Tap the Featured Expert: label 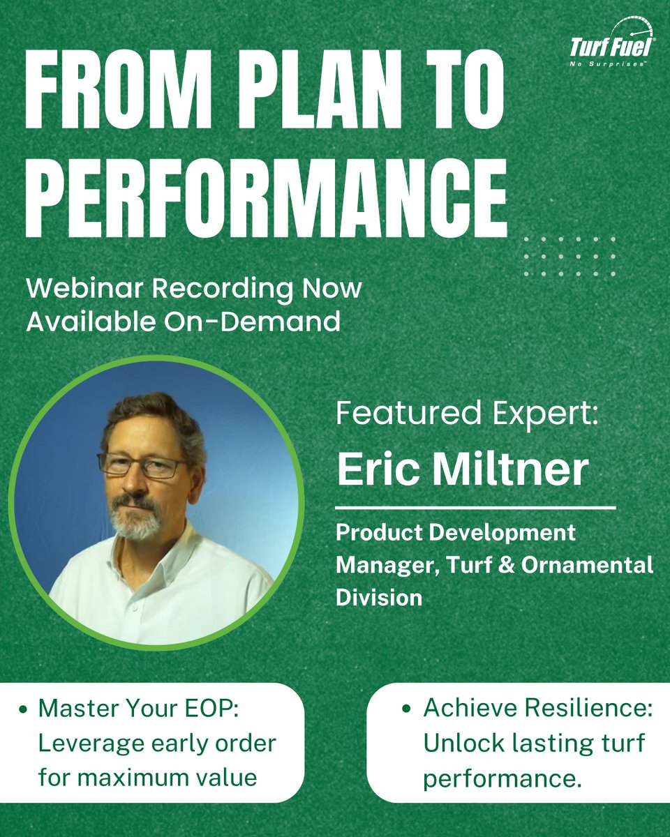tap(467, 415)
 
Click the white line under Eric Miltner tap(475, 508)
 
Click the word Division tap(379, 597)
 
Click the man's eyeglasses tap(142, 465)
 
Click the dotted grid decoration tap(569, 256)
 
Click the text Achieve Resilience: tap(537, 709)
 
